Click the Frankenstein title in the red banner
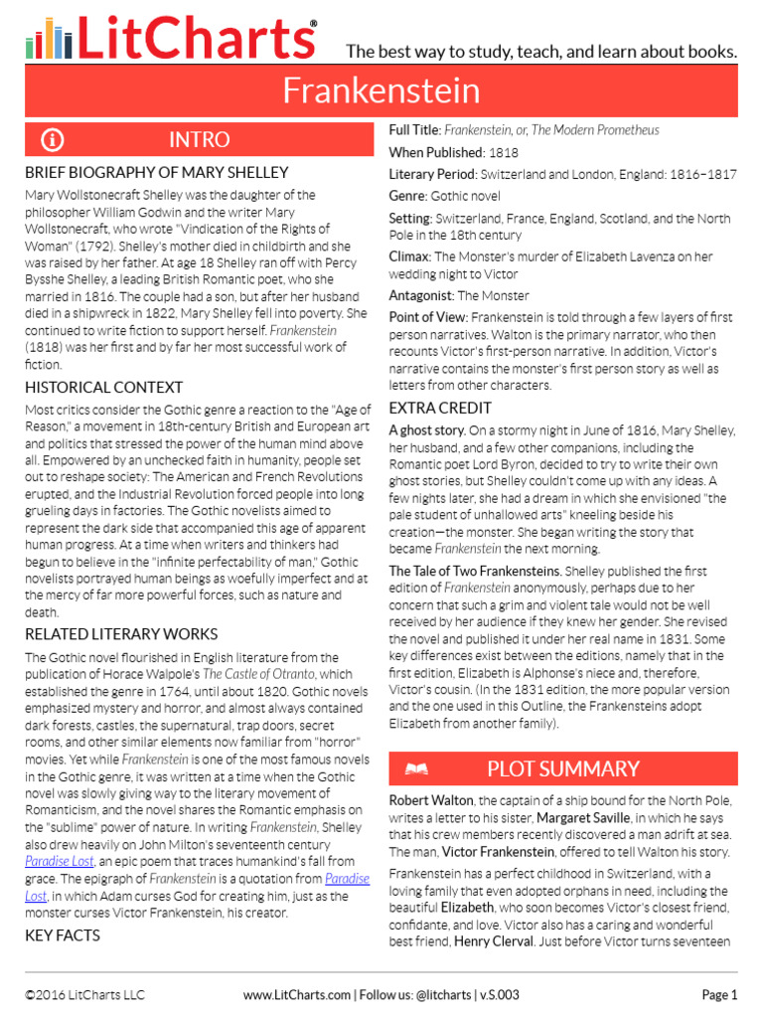point(381,91)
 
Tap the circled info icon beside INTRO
point(52,139)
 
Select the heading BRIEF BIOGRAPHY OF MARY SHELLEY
point(157,172)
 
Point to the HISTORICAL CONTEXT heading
point(104,387)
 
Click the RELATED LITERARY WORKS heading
point(121,633)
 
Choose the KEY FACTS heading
point(63,935)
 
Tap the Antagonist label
point(420,295)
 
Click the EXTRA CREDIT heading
point(440,408)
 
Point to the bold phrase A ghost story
point(427,430)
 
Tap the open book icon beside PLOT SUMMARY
point(416,768)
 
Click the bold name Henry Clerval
point(493,941)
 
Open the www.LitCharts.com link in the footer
point(296,994)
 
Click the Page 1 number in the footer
point(719,994)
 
